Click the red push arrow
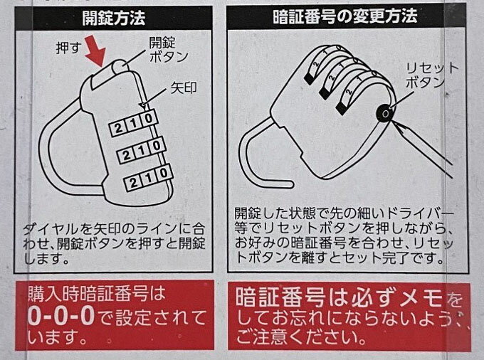pos(96,51)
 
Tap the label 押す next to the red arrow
pos(68,48)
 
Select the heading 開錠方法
pos(114,18)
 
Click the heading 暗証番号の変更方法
pos(345,16)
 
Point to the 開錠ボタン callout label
pos(168,49)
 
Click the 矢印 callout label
pos(184,88)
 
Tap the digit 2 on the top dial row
pos(118,128)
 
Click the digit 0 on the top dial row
pos(149,118)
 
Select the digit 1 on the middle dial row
pos(142,151)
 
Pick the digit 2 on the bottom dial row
pos(134,184)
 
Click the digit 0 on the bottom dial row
pos(164,174)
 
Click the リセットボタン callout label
pos(432,75)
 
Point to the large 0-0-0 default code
pos(61,317)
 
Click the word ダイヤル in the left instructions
pos(51,229)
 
